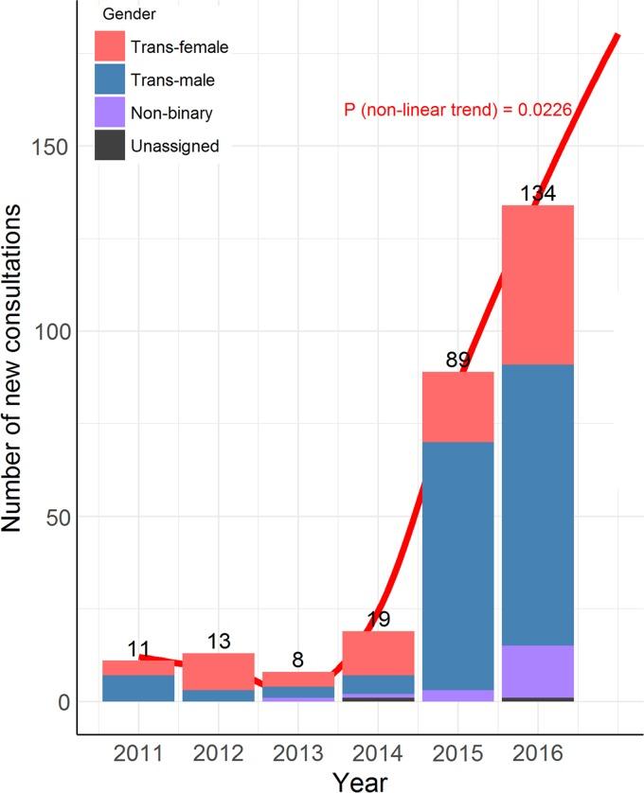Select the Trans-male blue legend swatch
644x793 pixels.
(109, 79)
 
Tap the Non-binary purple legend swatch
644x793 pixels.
(109, 113)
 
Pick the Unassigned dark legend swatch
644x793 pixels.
(109, 146)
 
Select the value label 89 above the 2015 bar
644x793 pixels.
(457, 361)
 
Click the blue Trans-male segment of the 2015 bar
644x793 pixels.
(457, 565)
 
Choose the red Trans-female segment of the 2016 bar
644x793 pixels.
(538, 284)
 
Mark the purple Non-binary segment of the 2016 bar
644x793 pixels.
(538, 671)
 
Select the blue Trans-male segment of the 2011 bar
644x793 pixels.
(138, 688)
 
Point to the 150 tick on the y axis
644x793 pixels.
(57, 147)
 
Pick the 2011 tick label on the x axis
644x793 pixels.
(138, 754)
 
